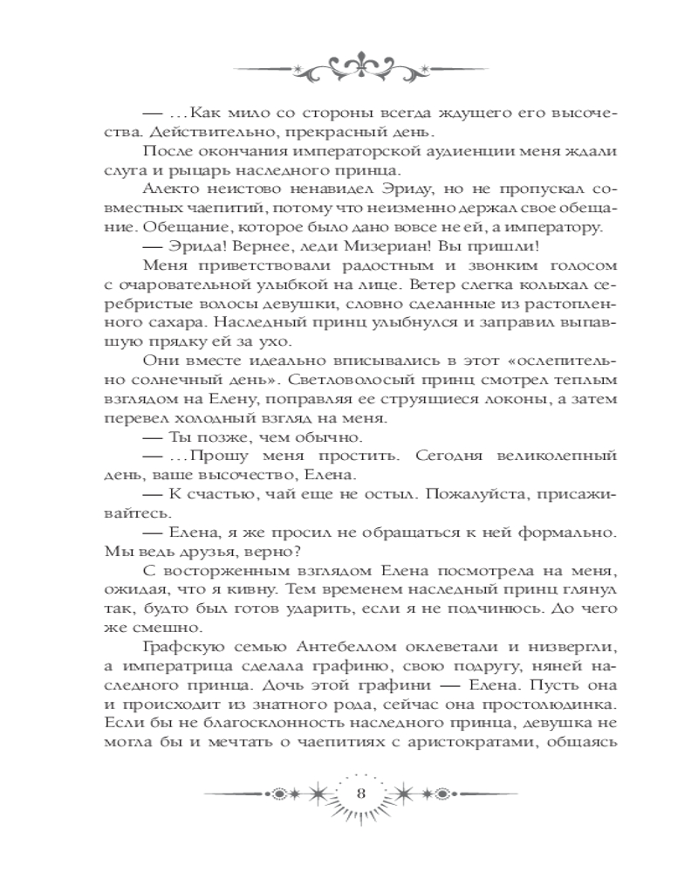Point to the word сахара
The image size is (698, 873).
pos(164,324)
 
